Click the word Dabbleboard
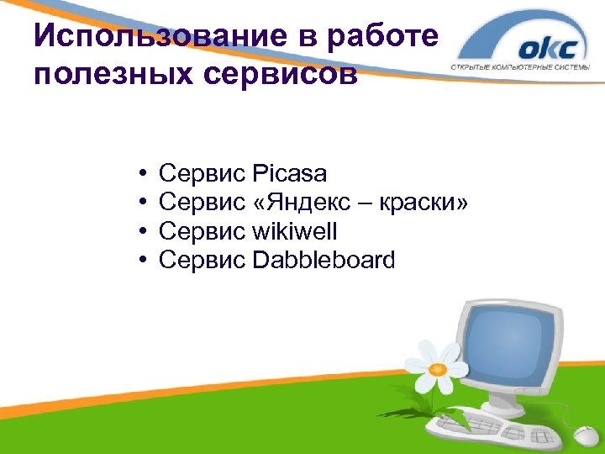tap(323, 260)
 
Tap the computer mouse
tap(585, 436)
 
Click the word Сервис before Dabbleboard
tap(202, 260)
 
